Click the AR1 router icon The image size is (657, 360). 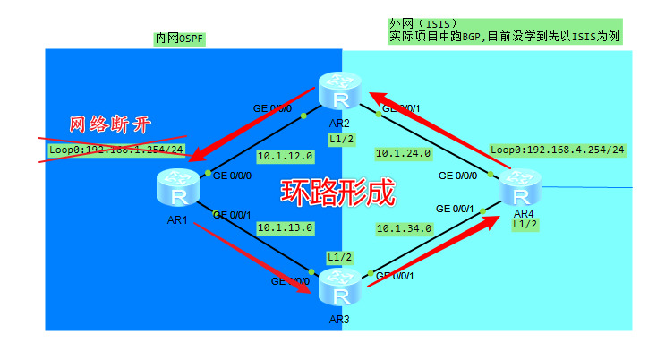[179, 188]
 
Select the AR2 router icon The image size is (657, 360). [338, 92]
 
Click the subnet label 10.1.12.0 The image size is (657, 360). [285, 155]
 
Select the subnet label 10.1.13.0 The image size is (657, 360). [285, 228]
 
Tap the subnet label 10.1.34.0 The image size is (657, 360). [404, 228]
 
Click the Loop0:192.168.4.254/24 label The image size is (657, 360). [557, 150]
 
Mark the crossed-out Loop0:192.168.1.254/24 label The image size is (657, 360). [116, 150]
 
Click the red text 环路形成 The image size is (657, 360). [338, 193]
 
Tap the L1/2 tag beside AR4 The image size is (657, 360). [525, 225]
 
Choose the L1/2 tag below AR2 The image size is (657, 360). [340, 140]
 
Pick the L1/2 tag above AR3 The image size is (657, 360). [339, 257]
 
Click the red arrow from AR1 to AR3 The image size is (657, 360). [252, 255]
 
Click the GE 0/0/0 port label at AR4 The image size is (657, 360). [456, 176]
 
